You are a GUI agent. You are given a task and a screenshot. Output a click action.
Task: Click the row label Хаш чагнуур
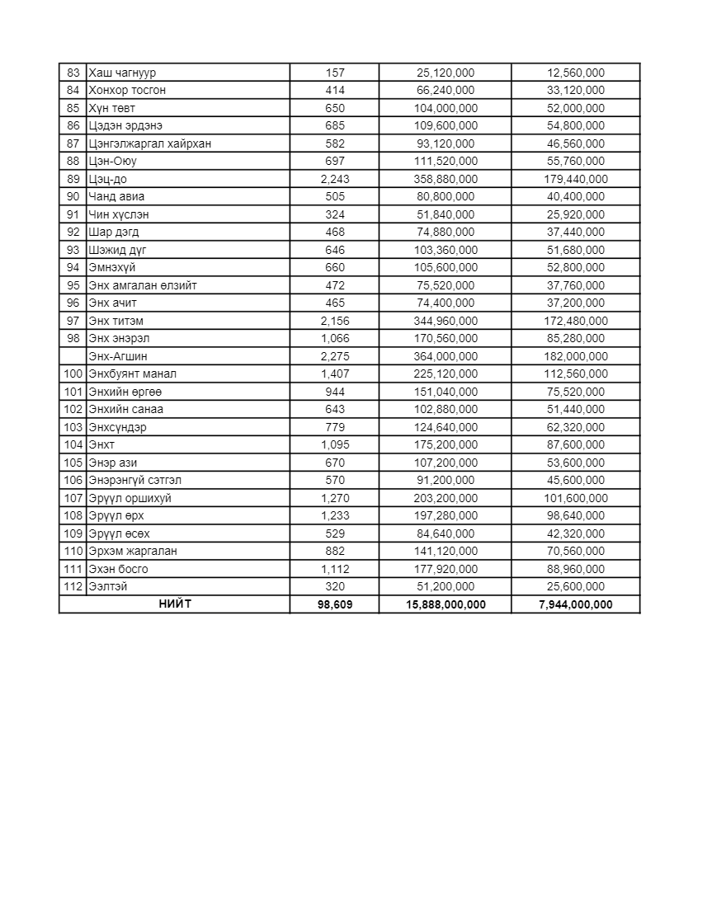click(122, 73)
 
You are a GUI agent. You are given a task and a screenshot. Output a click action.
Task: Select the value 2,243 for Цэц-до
click(335, 179)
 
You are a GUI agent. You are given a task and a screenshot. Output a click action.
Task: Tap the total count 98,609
click(335, 604)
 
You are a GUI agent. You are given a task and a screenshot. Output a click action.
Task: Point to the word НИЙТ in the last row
click(175, 604)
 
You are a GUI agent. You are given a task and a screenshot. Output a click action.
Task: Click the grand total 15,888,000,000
click(446, 604)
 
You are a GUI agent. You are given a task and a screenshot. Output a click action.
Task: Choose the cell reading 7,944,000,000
click(576, 604)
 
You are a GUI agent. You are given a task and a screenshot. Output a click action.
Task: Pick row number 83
click(73, 73)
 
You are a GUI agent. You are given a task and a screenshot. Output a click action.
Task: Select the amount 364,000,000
click(446, 356)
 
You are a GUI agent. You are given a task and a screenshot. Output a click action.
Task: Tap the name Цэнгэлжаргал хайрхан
click(149, 143)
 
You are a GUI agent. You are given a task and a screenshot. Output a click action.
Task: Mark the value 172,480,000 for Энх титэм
click(576, 321)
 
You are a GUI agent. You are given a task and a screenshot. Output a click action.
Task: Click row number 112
click(73, 586)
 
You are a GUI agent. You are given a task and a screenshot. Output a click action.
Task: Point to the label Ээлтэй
click(108, 586)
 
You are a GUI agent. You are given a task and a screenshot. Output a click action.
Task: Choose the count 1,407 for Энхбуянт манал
click(335, 374)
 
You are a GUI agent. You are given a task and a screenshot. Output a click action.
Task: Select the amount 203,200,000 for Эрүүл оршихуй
click(446, 498)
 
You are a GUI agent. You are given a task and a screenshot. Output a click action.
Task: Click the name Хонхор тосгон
click(127, 90)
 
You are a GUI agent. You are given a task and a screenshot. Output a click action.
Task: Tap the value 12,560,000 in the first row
click(576, 73)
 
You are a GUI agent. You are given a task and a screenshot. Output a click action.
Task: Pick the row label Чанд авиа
click(116, 196)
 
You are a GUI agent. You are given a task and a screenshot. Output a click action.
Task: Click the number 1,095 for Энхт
click(335, 444)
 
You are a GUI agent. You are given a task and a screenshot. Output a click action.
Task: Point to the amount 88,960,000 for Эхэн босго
click(576, 569)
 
